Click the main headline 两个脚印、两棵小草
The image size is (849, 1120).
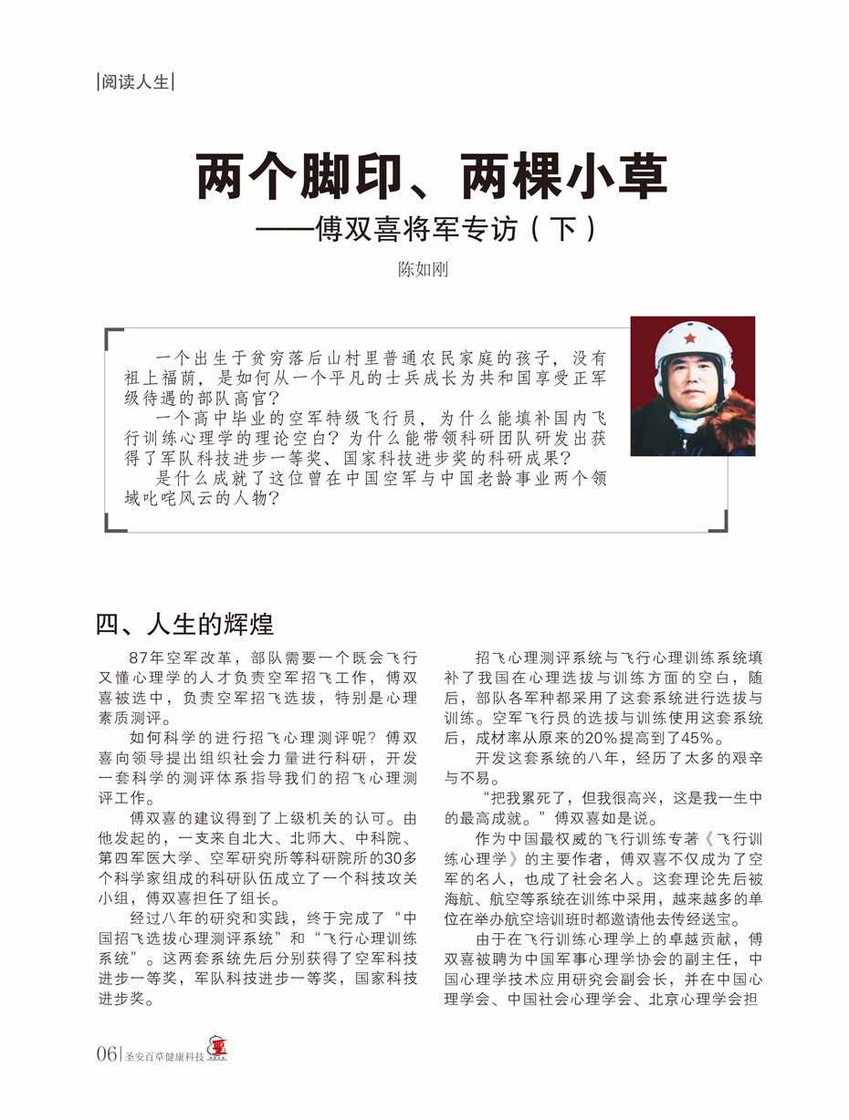point(432,177)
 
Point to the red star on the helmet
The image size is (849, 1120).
point(690,338)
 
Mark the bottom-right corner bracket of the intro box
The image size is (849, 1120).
point(720,524)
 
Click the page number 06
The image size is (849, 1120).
point(107,1054)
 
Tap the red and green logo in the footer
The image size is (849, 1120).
point(217,1051)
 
